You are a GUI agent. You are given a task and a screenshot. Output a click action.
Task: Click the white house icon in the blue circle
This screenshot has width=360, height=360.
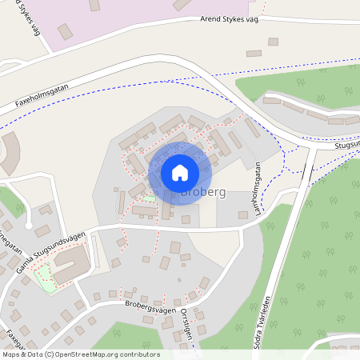pyautogui.click(x=179, y=172)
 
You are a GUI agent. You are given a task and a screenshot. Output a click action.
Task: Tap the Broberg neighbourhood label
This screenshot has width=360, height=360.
pyautogui.click(x=203, y=193)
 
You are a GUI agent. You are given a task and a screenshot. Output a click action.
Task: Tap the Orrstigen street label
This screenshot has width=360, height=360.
pyautogui.click(x=189, y=324)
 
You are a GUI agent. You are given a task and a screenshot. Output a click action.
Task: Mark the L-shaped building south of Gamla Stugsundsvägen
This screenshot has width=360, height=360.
pyautogui.click(x=70, y=263)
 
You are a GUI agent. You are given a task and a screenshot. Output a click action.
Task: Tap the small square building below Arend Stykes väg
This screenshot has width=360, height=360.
pyautogui.click(x=273, y=42)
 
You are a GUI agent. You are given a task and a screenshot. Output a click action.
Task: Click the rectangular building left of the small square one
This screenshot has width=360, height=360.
pyautogui.click(x=254, y=54)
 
